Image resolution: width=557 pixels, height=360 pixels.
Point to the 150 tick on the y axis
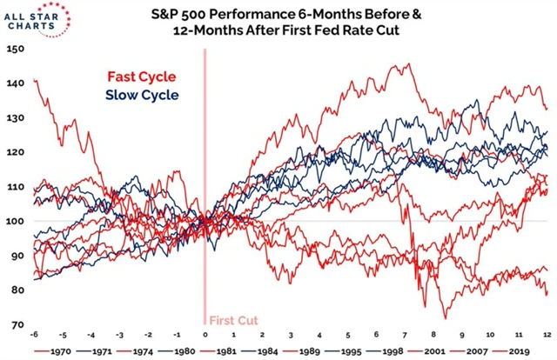[x=15, y=49]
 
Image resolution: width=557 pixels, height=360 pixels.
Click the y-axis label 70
[x=15, y=324]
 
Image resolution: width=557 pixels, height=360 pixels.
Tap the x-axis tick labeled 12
[x=545, y=334]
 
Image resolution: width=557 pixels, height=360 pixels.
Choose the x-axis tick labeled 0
[x=205, y=334]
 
